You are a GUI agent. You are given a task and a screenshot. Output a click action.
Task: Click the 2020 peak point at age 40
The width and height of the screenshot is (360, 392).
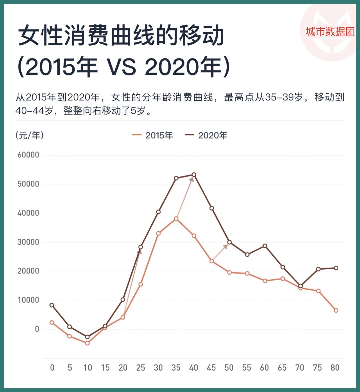click(x=194, y=174)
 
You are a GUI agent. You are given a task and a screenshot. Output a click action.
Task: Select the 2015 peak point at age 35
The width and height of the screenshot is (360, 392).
click(x=176, y=219)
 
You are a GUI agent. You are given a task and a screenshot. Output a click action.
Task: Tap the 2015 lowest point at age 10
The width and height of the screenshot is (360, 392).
click(x=87, y=343)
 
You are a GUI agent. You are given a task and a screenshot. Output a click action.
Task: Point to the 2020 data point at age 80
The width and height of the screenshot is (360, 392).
click(x=336, y=268)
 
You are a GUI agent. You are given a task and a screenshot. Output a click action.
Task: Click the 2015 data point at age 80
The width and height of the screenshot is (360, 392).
click(x=336, y=310)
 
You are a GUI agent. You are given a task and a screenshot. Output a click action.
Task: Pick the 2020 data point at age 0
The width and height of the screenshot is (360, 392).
click(x=52, y=305)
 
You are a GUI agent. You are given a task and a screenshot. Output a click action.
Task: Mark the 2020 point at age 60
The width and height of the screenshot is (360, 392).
click(x=265, y=246)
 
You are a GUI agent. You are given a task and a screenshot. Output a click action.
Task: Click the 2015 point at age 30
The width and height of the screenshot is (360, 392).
click(x=158, y=233)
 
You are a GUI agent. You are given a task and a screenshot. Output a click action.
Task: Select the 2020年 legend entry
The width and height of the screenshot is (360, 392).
click(x=206, y=135)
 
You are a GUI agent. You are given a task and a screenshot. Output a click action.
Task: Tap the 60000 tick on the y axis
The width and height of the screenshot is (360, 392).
click(x=28, y=155)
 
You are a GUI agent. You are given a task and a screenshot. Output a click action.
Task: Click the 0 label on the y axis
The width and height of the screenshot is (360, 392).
click(x=37, y=329)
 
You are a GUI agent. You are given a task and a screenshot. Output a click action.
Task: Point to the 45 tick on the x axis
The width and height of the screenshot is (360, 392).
click(x=211, y=368)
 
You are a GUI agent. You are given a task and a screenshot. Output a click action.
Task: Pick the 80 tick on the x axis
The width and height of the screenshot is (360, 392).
click(x=335, y=368)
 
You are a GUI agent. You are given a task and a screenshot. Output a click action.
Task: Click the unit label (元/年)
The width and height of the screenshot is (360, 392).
click(x=29, y=135)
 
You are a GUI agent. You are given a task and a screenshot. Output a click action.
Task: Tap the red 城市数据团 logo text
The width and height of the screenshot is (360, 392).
click(x=330, y=32)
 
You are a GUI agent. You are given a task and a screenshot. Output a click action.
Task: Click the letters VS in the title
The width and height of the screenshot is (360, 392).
click(x=121, y=67)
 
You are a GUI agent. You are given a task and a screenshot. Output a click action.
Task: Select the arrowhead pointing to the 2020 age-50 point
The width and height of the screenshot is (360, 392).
click(x=225, y=247)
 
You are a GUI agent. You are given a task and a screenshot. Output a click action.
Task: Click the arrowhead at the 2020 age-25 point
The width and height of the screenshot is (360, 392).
click(x=139, y=251)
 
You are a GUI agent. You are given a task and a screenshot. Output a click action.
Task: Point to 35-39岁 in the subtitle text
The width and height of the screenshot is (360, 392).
click(x=284, y=97)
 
